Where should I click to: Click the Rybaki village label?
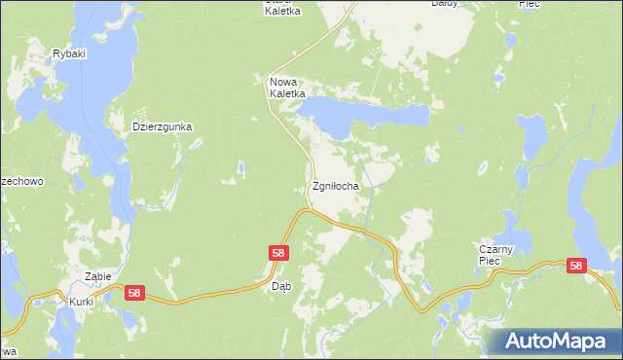(71, 54)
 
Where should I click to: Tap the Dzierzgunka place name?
(164, 126)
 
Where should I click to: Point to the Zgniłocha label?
(336, 186)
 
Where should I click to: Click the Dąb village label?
(281, 286)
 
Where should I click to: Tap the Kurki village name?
(81, 302)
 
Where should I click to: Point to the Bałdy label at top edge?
(444, 4)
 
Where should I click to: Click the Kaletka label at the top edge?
(282, 10)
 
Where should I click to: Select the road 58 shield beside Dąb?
(278, 253)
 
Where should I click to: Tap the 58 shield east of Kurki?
(134, 293)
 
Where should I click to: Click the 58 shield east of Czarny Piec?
(576, 266)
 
